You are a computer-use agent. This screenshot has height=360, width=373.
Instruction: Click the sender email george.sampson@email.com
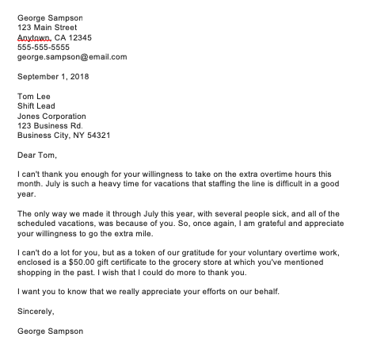71,57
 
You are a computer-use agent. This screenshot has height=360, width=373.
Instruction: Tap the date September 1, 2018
53,77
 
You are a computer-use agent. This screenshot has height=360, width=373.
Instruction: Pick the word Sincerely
36,312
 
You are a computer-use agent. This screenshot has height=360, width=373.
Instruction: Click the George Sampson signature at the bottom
49,331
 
